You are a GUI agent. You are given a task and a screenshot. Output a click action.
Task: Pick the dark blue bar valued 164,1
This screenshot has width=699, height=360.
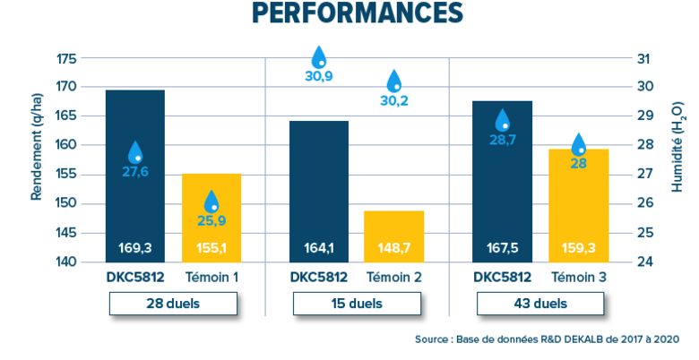pyautogui.click(x=318, y=193)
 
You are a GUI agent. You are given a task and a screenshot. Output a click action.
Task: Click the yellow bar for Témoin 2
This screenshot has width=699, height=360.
pyautogui.click(x=393, y=237)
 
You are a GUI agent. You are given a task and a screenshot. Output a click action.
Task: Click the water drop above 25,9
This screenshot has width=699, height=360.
pyautogui.click(x=212, y=201)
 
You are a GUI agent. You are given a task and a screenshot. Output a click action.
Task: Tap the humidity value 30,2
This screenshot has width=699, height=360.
pyautogui.click(x=394, y=101)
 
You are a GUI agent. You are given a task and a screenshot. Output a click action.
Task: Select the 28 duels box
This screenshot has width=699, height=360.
pyautogui.click(x=173, y=304)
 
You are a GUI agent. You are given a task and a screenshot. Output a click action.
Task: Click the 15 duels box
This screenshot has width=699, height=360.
pyautogui.click(x=357, y=304)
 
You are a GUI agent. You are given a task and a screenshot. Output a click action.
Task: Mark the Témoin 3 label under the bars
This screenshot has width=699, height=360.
pyautogui.click(x=578, y=278)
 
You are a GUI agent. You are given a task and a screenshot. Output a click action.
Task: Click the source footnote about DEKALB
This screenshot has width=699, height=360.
pyautogui.click(x=547, y=339)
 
